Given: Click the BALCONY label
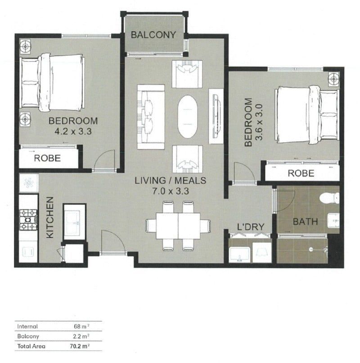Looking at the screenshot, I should coord(153,35).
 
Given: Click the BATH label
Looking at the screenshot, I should coord(306,221).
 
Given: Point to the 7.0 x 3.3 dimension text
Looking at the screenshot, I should coord(171,191).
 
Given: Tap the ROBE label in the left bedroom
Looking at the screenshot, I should coord(48,159).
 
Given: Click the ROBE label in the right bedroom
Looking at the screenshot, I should coord(301,173).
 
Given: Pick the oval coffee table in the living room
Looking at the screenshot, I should coord(189,117).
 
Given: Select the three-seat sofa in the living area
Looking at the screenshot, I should coord(150,117).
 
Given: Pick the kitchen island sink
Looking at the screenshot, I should coord(74,221).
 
